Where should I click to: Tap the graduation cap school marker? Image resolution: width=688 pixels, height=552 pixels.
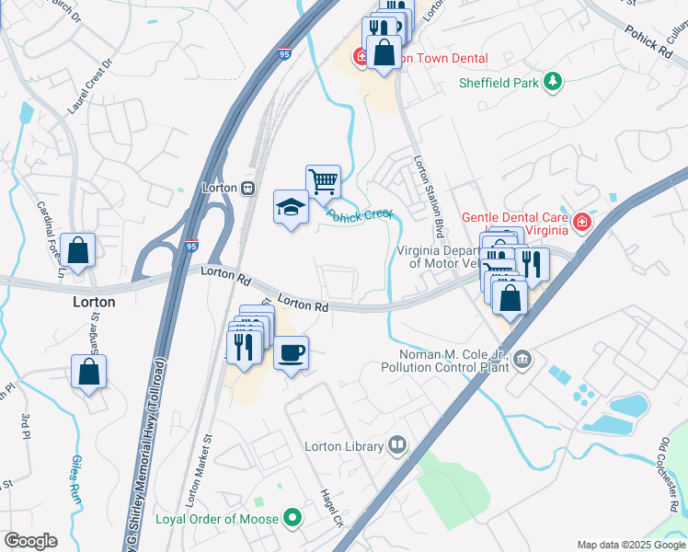(x=291, y=207)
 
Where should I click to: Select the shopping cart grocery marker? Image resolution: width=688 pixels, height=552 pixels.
(x=323, y=182)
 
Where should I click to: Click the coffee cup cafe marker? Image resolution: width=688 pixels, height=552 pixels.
(x=291, y=353)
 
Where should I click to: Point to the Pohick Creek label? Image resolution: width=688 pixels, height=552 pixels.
(x=360, y=215)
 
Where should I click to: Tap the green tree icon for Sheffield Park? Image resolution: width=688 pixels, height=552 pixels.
(x=552, y=83)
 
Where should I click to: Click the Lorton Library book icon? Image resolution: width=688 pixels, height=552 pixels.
(x=397, y=446)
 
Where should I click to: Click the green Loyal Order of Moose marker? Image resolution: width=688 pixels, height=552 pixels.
(x=293, y=520)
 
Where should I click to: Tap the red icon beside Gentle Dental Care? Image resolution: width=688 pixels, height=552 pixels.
(x=581, y=223)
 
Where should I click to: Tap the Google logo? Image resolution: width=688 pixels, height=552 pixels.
(x=30, y=541)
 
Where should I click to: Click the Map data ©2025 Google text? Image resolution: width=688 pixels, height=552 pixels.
(x=630, y=545)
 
